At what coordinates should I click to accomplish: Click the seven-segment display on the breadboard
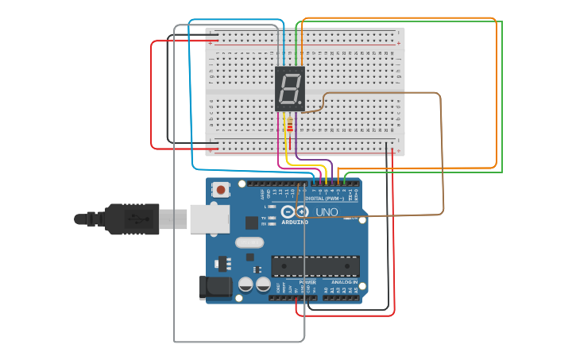pos(290,89)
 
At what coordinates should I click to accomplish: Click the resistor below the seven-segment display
pos(289,126)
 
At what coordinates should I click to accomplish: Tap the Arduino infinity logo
pos(293,212)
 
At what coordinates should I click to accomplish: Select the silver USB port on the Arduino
pos(209,219)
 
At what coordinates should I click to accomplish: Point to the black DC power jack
pos(215,287)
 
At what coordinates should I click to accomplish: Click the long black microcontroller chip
pos(315,266)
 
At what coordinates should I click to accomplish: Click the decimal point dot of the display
pos(300,103)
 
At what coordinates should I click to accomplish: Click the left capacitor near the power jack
pos(246,284)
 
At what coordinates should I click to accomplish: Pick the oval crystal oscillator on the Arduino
pos(249,242)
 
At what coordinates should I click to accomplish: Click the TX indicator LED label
pos(264,217)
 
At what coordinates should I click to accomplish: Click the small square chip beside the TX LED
pos(252,223)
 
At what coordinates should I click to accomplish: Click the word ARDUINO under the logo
pos(294,223)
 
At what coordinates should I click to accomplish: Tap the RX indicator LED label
pos(264,224)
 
